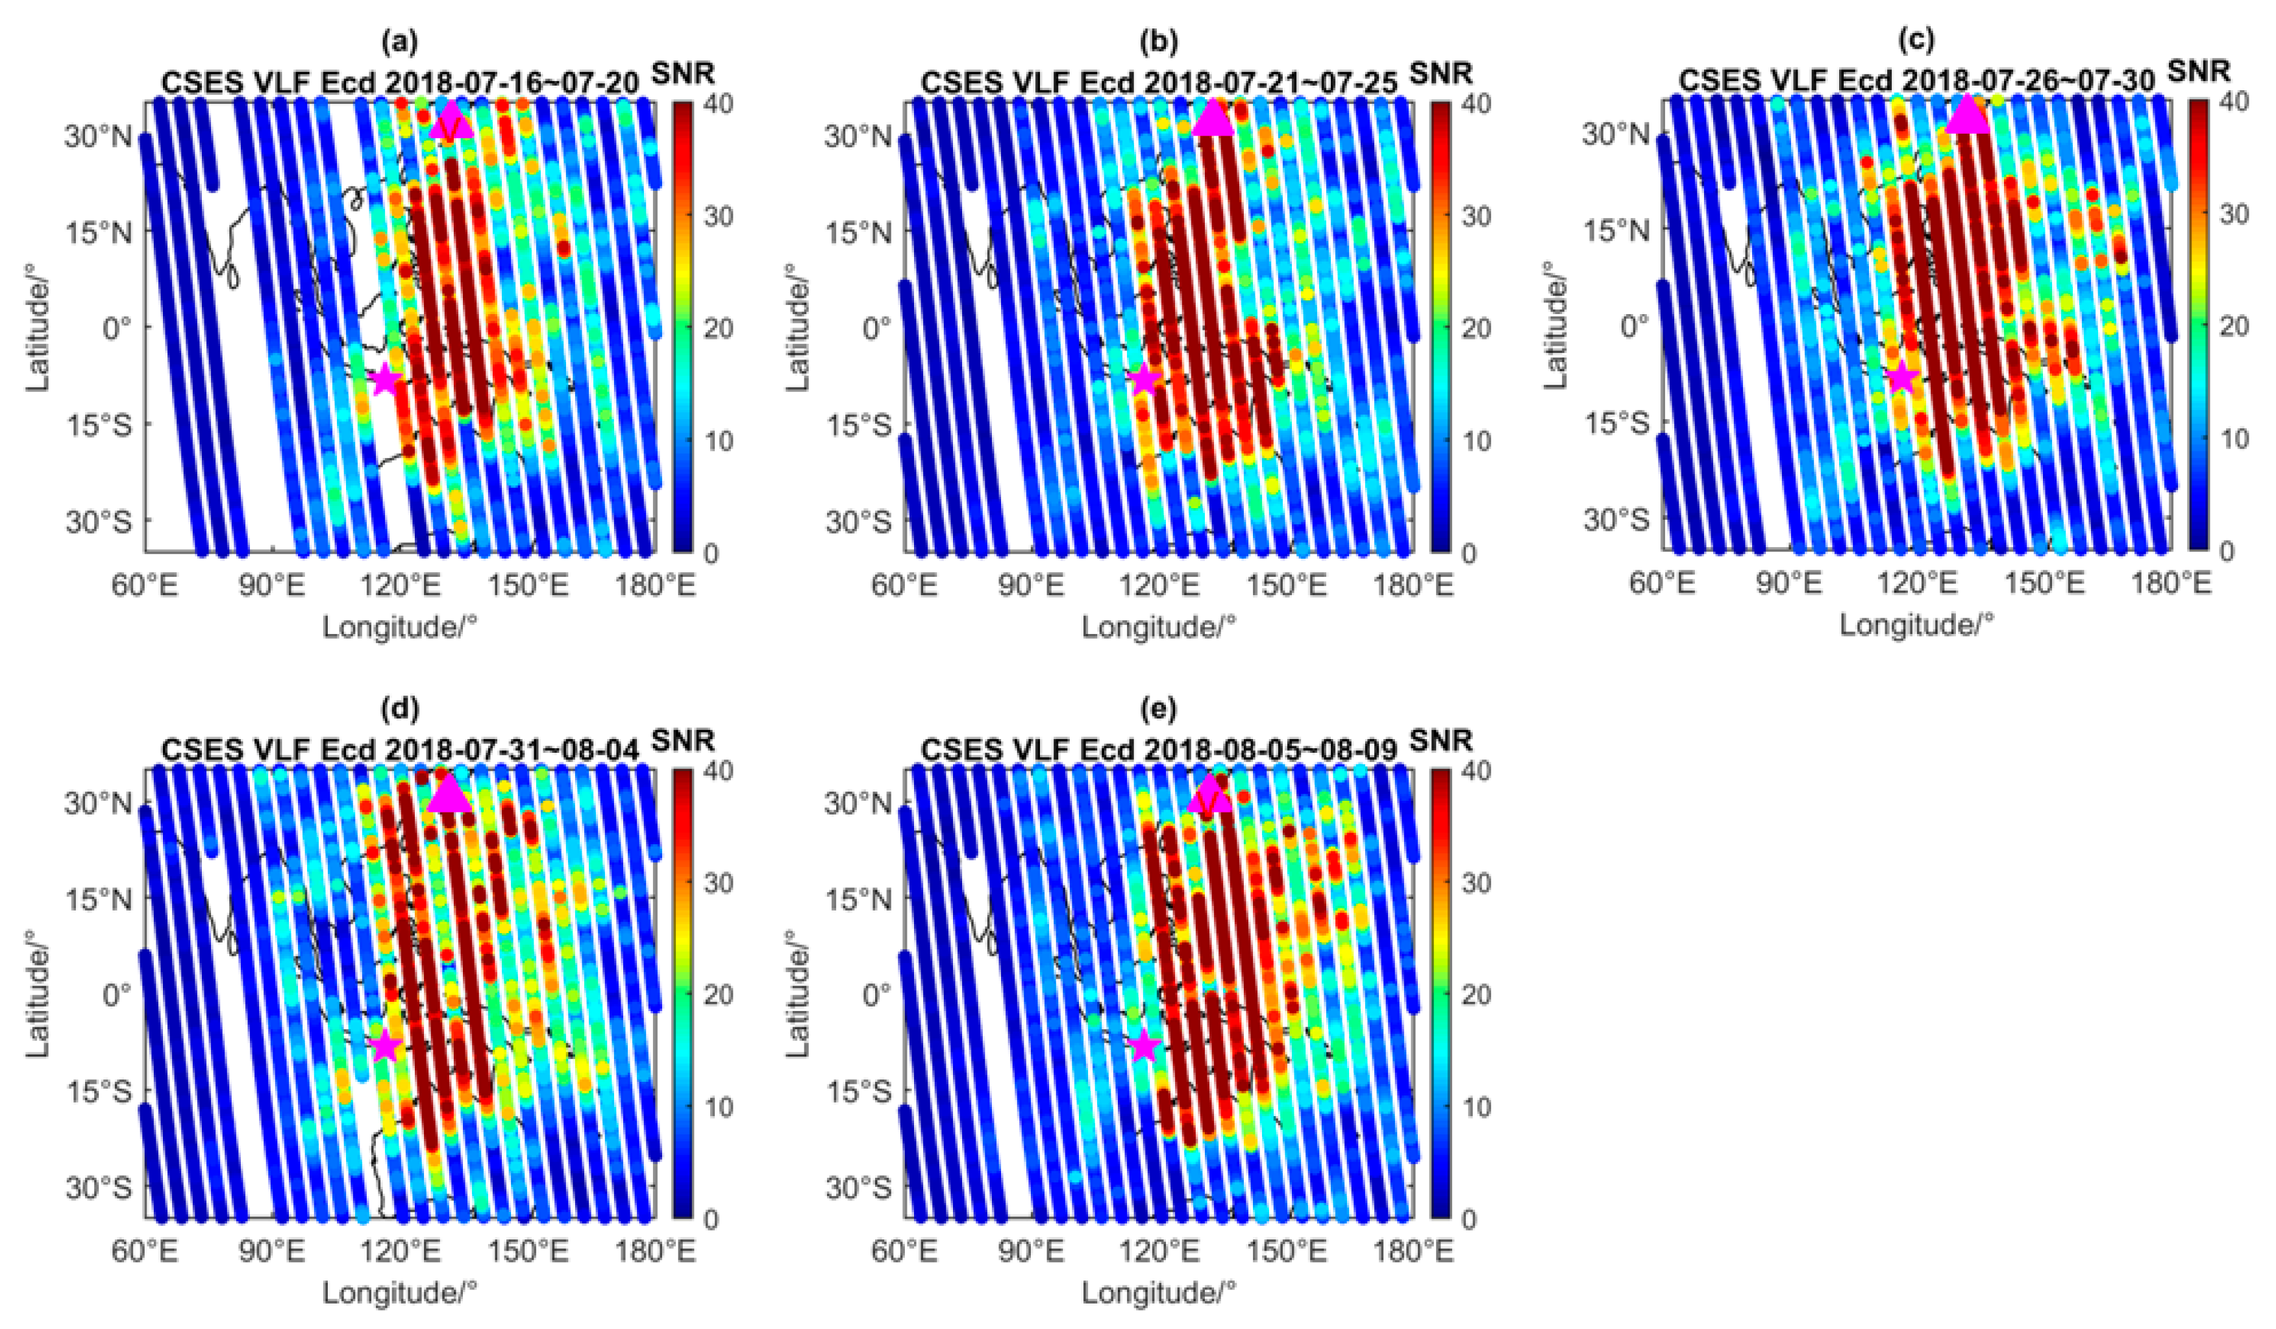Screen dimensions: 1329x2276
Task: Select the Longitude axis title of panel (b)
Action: [1159, 626]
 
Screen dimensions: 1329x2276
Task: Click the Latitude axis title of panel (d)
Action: [38, 993]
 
